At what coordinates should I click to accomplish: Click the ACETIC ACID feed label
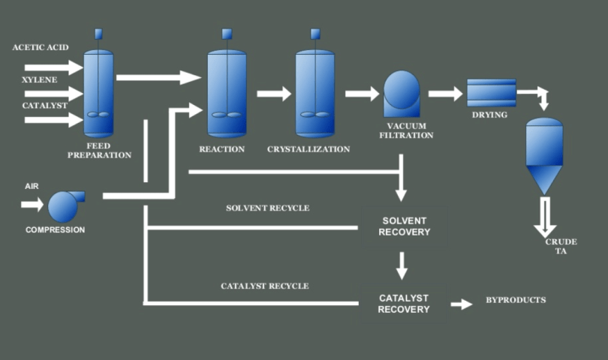click(41, 47)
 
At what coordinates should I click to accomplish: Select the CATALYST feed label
click(35, 106)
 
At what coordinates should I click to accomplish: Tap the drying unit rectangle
click(491, 93)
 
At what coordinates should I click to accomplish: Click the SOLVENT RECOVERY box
click(404, 226)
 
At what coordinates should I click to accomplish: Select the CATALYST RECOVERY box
click(404, 304)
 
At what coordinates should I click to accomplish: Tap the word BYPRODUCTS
click(516, 301)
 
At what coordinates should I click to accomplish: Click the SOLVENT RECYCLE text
click(267, 208)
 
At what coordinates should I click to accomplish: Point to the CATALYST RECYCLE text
click(264, 286)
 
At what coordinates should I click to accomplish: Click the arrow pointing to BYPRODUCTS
click(462, 304)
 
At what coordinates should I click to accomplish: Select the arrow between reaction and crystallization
click(273, 94)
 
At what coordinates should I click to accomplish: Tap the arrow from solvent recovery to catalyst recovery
click(403, 265)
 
